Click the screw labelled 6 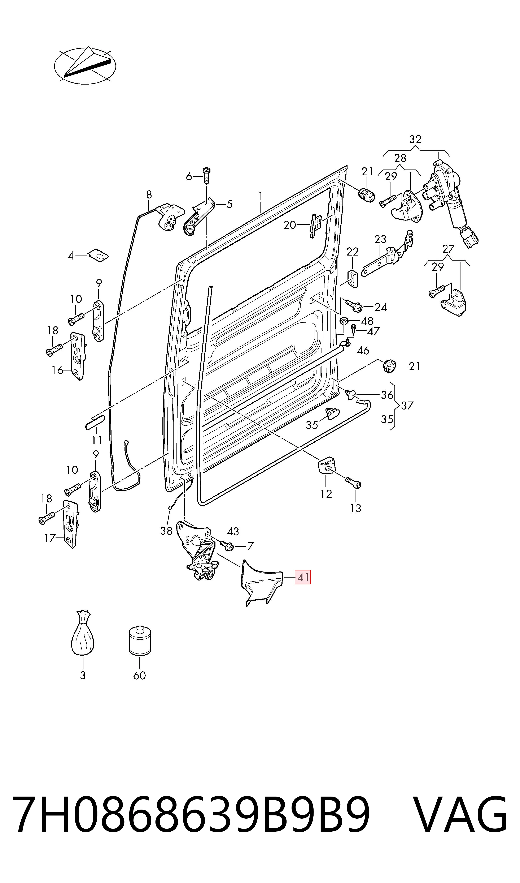coord(207,175)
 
